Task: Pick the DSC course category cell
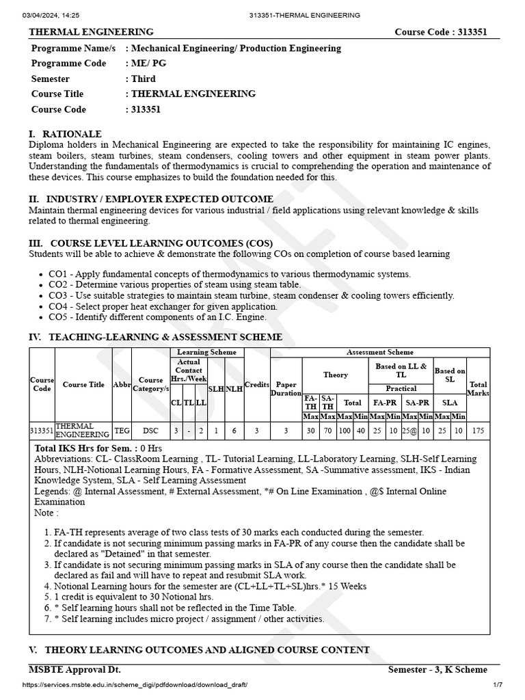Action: [x=150, y=431]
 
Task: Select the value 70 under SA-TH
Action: [x=327, y=431]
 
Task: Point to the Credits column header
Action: [x=257, y=385]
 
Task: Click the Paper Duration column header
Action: [x=286, y=389]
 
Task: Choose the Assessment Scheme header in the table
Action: [x=380, y=352]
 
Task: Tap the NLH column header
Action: [x=234, y=388]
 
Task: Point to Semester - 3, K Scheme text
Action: [x=437, y=669]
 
